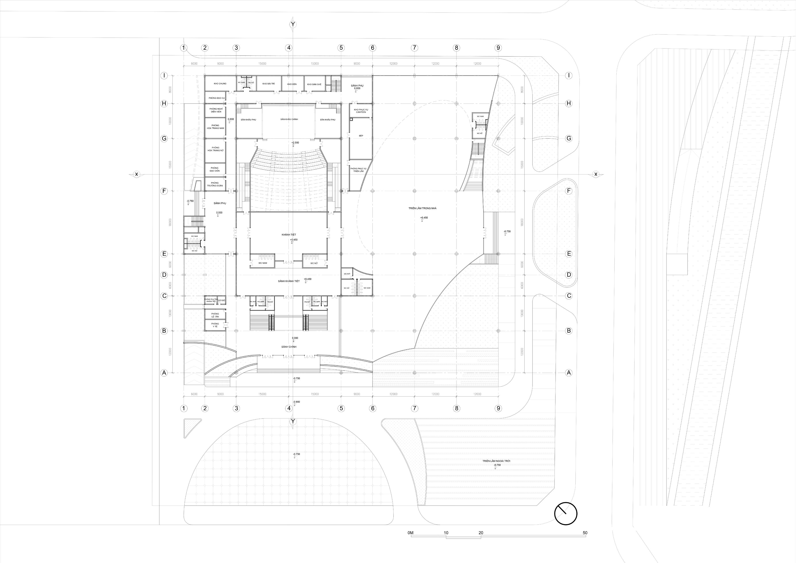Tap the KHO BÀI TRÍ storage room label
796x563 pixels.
(268, 84)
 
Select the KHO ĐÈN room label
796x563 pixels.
(292, 84)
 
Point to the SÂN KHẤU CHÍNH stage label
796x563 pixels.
(289, 119)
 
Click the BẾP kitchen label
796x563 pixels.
(361, 136)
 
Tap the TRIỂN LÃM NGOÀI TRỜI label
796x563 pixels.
(496, 461)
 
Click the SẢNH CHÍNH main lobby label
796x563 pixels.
(289, 347)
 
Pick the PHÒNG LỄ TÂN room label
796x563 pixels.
(215, 315)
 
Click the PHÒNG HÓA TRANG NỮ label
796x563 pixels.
(215, 149)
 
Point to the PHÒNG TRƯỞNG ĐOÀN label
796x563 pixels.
(215, 184)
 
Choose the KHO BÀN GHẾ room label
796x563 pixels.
(314, 84)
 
